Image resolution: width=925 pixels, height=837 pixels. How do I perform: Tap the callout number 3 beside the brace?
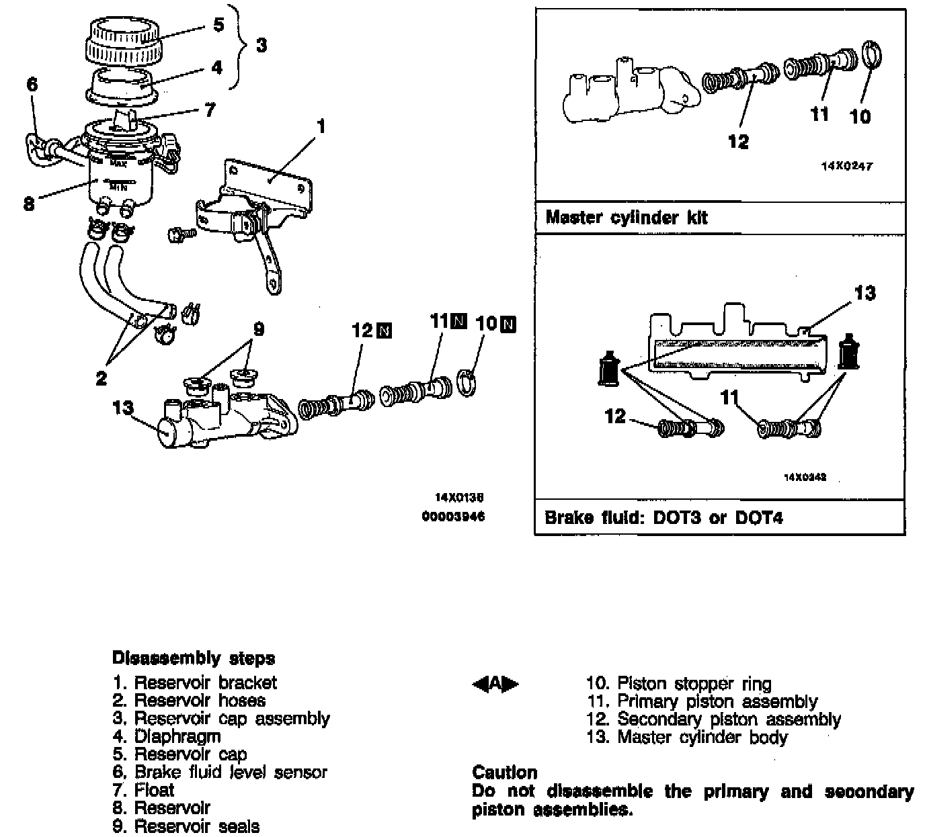(262, 45)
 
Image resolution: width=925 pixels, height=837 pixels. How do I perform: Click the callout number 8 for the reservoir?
(28, 203)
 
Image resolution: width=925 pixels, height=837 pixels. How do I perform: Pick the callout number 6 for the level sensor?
(32, 84)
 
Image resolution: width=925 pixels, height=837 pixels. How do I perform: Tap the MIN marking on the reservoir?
(118, 187)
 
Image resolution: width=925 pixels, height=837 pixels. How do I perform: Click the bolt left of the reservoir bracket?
(179, 234)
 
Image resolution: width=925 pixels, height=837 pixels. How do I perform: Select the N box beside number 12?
(385, 331)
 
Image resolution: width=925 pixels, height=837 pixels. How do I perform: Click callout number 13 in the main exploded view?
(123, 408)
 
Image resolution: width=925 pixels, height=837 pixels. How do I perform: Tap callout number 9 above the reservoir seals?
(259, 329)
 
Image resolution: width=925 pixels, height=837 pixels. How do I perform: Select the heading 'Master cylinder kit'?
(626, 218)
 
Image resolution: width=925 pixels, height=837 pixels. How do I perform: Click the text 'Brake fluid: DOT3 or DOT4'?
(663, 518)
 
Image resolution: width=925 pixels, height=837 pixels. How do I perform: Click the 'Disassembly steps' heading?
(194, 658)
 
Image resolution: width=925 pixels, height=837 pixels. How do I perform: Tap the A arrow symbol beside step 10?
(496, 684)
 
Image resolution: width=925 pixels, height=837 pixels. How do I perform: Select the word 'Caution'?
(505, 772)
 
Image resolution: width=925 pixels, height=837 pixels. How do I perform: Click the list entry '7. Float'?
(144, 790)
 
